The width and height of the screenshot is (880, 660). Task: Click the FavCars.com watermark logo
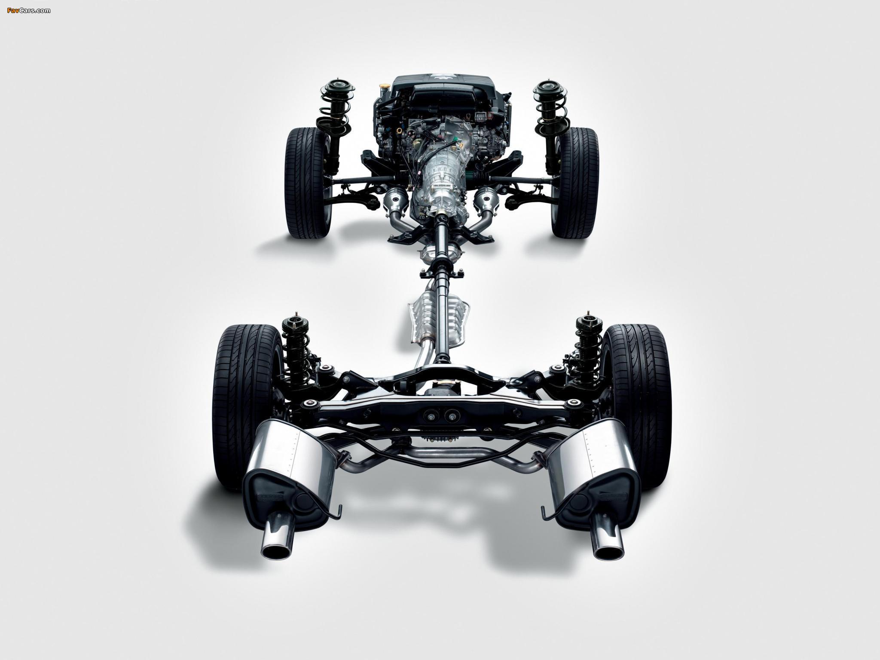pos(29,10)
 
